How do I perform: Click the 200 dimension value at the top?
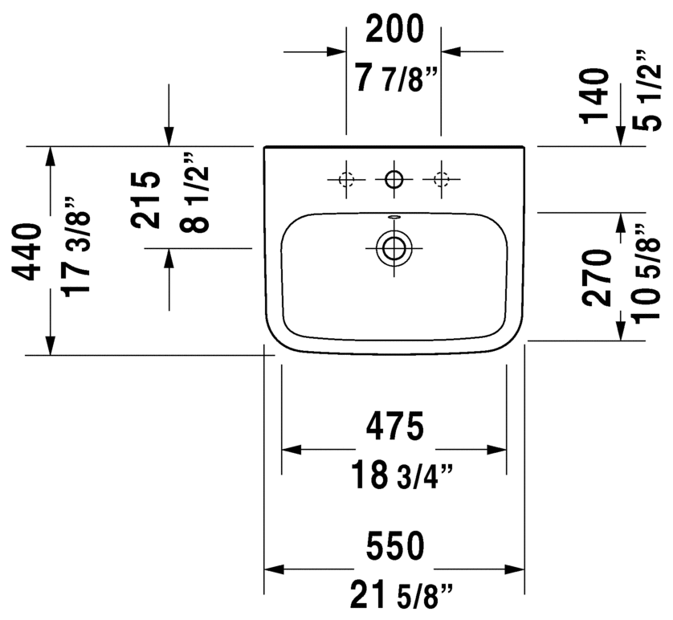tap(394, 29)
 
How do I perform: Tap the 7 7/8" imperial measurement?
tap(396, 78)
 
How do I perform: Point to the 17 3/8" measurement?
tap(76, 247)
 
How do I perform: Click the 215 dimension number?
tap(145, 200)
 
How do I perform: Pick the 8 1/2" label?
tap(194, 193)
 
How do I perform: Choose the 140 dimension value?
tap(596, 96)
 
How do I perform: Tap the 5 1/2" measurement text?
tap(646, 91)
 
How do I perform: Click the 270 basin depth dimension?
tap(597, 278)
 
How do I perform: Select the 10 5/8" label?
tap(646, 273)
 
